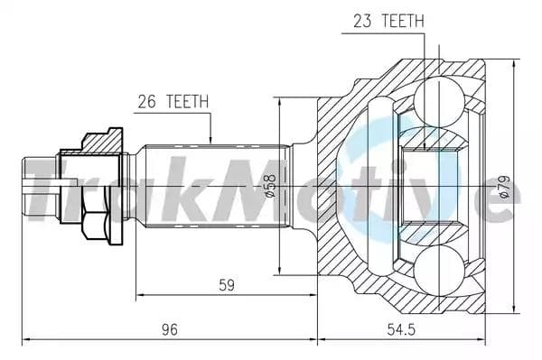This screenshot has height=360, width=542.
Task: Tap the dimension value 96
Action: tap(169, 329)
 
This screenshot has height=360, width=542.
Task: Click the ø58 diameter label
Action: tap(269, 185)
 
